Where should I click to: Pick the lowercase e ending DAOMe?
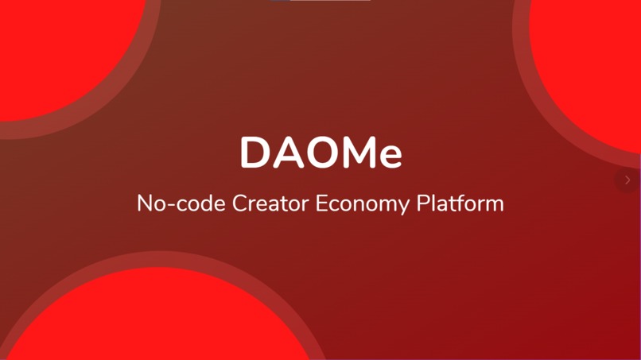coord(389,156)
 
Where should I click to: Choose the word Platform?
coord(460,203)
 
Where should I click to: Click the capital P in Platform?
coord(423,203)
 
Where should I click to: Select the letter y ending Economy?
coord(404,207)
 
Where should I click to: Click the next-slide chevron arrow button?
coord(627,180)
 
